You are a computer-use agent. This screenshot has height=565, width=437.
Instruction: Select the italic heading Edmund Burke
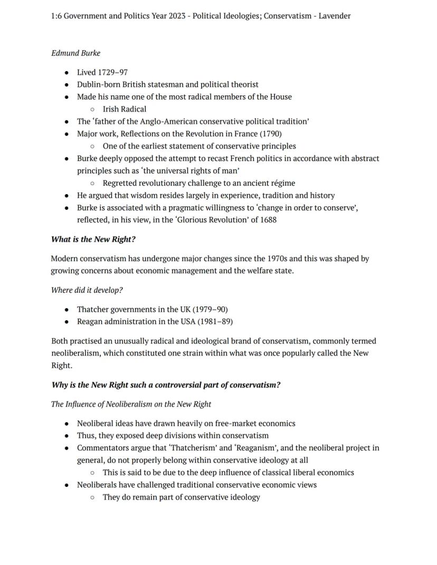pos(75,53)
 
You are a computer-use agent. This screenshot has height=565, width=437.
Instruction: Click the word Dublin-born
pos(98,84)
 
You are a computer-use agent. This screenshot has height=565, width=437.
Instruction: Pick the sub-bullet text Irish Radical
pos(125,109)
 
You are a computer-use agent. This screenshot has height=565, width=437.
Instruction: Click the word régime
pos(281,183)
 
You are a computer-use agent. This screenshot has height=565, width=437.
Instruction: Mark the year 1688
pos(267,219)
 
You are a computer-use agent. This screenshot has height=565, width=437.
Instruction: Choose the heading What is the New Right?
pos(93,239)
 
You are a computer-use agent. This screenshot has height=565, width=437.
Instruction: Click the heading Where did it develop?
pos(87,290)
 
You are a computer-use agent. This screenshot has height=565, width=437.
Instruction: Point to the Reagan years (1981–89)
pos(215,321)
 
